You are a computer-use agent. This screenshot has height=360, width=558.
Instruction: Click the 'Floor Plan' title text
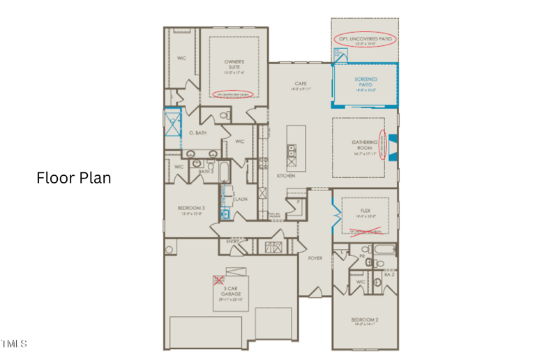[x=73, y=178]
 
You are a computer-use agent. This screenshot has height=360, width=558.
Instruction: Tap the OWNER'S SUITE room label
[x=234, y=67]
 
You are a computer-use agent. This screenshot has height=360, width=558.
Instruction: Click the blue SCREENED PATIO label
[x=365, y=84]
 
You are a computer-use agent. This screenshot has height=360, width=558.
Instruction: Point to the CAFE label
[x=301, y=85]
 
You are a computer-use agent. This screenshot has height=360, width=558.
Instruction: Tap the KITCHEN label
[x=285, y=176]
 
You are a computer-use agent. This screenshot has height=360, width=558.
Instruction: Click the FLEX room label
[x=365, y=212]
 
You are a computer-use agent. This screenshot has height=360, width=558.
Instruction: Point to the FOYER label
[x=315, y=258]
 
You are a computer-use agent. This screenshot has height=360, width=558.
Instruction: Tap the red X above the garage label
[x=219, y=280]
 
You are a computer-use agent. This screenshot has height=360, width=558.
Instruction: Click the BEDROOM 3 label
[x=190, y=210]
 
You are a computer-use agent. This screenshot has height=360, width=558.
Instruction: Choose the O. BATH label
[x=197, y=133]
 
